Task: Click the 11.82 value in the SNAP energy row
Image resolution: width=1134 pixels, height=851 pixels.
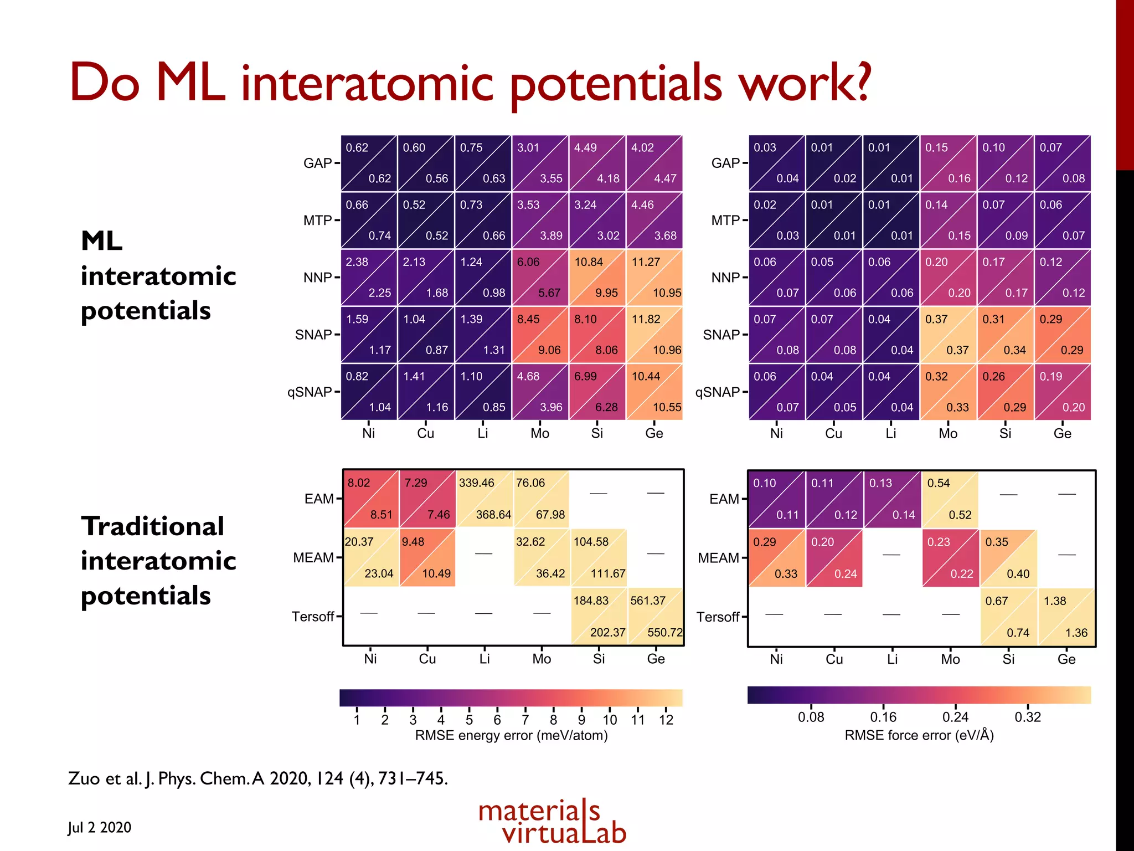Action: pos(646,319)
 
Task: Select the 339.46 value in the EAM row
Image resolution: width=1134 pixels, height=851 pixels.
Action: pos(476,483)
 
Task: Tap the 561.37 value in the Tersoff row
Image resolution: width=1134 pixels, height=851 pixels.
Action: pos(647,601)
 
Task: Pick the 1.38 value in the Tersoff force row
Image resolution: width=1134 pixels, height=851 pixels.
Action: pos(1054,601)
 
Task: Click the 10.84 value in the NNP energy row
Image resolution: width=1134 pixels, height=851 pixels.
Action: pos(588,262)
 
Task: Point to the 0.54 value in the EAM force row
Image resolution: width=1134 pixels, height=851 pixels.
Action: pos(938,483)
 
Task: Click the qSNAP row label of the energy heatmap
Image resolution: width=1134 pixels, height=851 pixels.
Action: pos(310,392)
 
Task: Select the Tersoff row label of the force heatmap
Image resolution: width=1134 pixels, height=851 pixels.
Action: pos(718,617)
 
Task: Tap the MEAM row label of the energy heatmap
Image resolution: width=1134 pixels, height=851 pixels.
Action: pos(313,558)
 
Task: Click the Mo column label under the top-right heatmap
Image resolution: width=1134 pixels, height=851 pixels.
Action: pos(947,434)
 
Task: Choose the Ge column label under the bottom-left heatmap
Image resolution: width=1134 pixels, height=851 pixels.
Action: pos(656,659)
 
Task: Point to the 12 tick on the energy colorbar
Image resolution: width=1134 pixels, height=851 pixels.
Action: pos(666,720)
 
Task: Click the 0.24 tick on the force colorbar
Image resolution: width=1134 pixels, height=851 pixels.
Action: pos(955,717)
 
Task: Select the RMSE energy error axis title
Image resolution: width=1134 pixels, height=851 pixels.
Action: pos(511,736)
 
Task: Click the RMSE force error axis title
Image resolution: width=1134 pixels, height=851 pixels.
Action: pos(919,736)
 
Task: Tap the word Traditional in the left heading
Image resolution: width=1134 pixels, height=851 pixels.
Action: pos(152,526)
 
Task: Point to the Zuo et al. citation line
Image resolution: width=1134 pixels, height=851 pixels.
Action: pos(257,778)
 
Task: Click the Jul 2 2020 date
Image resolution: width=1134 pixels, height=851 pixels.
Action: pos(100,828)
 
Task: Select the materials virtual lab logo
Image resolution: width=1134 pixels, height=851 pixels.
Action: pos(552,822)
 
